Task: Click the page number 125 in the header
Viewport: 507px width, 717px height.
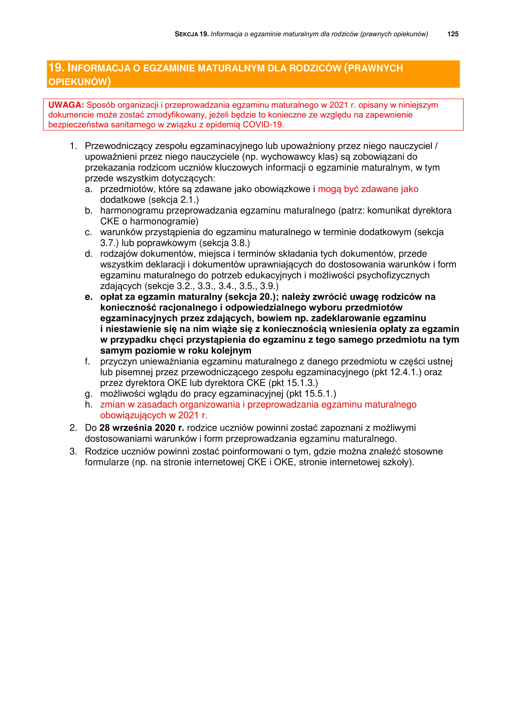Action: pos(453,34)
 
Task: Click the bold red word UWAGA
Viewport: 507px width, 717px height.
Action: pos(66,105)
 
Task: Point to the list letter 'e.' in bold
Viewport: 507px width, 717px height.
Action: pos(89,297)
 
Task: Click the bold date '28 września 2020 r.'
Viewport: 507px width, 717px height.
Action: pos(141,428)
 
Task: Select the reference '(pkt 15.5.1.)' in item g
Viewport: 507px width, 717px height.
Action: pos(311,394)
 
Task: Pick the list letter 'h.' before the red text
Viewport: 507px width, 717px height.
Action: pos(89,404)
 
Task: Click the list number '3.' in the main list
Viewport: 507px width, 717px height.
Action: pos(73,451)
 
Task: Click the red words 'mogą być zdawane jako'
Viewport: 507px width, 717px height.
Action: pos(368,189)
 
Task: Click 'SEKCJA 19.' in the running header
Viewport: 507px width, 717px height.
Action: pos(191,34)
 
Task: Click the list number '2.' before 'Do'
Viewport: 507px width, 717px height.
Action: pos(73,428)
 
